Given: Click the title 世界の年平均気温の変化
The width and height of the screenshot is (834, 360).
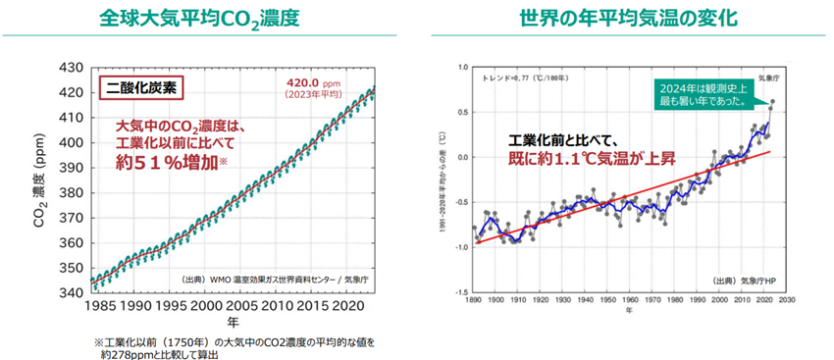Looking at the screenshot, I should point(627,19).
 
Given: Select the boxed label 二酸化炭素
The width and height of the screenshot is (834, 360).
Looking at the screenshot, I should point(141,86).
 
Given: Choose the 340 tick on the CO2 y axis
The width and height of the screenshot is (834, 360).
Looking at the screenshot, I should point(74,292).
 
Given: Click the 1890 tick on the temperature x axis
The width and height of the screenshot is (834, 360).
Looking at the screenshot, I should point(474,300).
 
